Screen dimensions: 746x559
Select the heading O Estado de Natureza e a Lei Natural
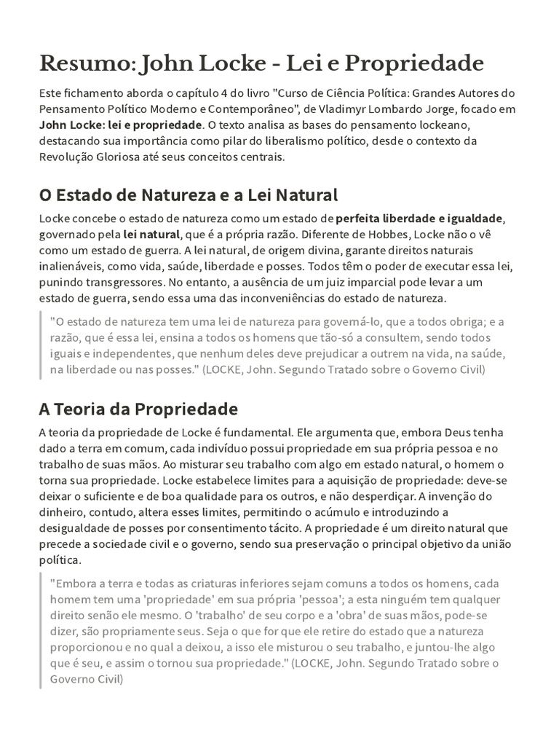click(189, 195)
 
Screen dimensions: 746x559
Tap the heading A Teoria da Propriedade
click(138, 408)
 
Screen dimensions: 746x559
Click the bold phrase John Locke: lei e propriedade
click(120, 125)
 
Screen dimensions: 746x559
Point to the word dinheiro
click(63, 512)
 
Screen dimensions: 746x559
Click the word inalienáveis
click(70, 266)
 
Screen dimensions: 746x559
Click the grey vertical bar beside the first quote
click(41, 345)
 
